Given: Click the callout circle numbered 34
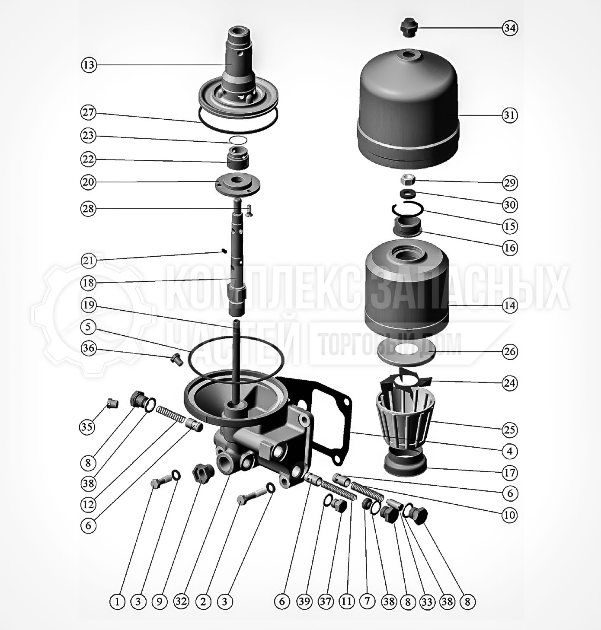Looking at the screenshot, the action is pos(510,28).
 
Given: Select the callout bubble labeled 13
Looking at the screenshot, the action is pos(89,65).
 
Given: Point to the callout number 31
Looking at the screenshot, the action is pos(510,115).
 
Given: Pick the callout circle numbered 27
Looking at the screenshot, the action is pos(88,113).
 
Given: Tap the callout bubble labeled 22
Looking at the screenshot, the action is pos(88,159).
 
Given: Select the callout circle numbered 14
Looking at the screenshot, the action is pos(510,305).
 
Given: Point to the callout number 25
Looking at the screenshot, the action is pos(510,430).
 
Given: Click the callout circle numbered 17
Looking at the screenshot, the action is pos(510,473).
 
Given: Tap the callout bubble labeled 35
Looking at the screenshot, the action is pos(87,427).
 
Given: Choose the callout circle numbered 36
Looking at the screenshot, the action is pos(89,348).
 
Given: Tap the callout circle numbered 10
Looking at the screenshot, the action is pos(510,515).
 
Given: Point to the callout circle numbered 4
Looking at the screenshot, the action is pos(510,452).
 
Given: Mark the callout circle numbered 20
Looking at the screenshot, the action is pos(88,182).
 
